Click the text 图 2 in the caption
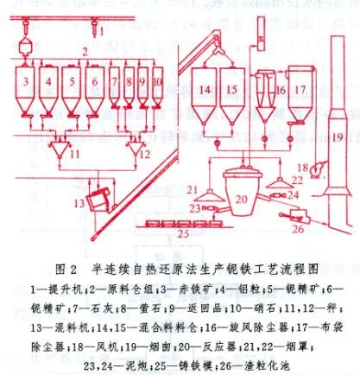coord(72,270)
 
